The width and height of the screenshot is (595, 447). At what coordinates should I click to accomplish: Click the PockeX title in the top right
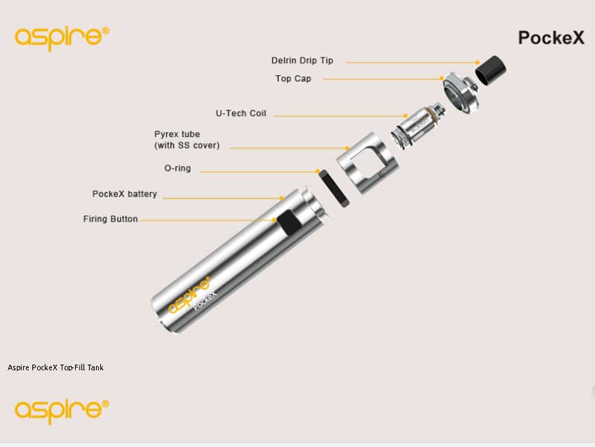551,38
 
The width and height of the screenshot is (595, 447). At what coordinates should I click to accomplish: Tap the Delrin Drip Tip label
303,61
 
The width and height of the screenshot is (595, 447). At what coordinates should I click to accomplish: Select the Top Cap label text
293,78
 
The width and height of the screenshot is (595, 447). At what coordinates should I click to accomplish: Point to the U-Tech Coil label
241,114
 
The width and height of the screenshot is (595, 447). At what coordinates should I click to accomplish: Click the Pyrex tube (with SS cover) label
187,140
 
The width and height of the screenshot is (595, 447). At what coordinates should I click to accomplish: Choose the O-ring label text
177,168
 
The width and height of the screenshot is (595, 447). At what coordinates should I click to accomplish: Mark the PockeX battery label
124,194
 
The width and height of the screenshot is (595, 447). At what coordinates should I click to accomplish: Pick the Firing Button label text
110,219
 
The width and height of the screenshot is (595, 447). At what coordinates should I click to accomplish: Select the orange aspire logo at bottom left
62,409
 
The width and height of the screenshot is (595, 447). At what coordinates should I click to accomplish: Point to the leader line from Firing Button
208,220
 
